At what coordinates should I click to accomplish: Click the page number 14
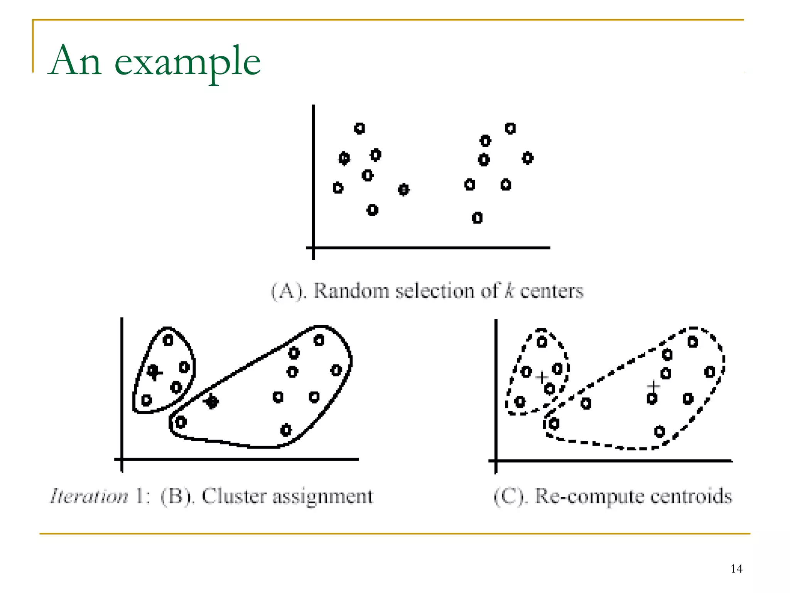pos(736,569)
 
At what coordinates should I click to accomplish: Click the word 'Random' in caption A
pos(350,291)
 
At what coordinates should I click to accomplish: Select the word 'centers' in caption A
pos(552,291)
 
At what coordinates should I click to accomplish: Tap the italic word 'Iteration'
pos(89,496)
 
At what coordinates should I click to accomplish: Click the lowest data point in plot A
pos(477,218)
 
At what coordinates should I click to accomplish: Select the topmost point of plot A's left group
pos(360,129)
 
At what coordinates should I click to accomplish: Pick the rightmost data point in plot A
pos(528,158)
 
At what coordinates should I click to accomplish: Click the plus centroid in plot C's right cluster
pos(653,386)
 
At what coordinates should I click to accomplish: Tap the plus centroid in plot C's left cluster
pos(542,377)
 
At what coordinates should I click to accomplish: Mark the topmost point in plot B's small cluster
pos(168,341)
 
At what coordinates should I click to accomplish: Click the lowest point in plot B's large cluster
pos(286,430)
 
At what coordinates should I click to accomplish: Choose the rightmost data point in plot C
pos(709,372)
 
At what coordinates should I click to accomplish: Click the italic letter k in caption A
pos(510,290)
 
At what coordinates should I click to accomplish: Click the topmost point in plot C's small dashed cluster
pos(542,342)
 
